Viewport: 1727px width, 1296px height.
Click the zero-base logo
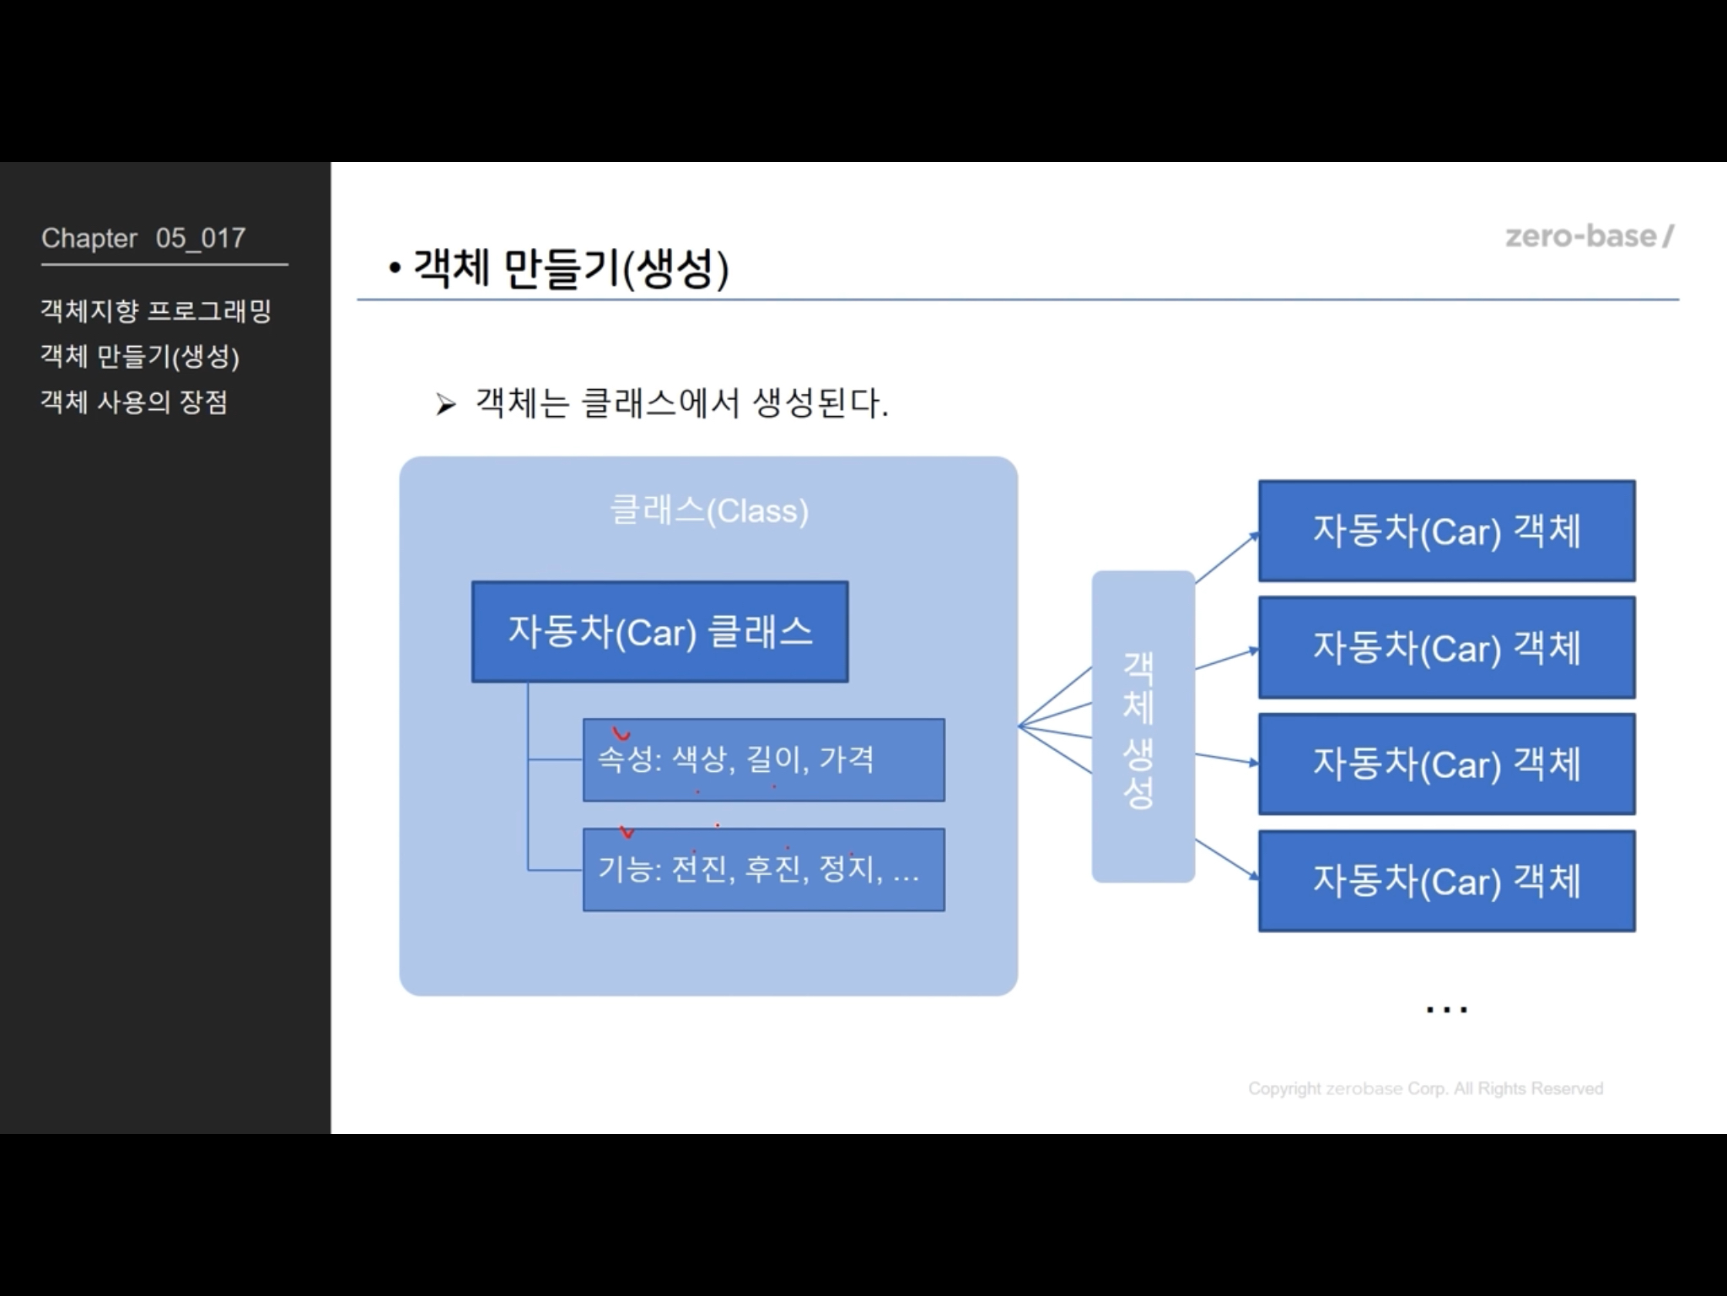pos(1589,236)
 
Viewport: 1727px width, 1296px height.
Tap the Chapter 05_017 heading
pos(143,239)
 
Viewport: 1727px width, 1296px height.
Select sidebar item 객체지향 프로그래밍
pos(156,310)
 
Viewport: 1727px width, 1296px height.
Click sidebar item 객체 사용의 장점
pos(134,402)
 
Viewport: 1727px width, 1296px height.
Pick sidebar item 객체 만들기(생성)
pos(140,356)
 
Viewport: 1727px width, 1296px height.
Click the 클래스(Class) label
pos(708,510)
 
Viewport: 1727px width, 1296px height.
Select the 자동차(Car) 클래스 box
pos(659,631)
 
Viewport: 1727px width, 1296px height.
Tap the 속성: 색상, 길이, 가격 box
pos(763,759)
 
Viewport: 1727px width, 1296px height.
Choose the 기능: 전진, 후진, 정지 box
pos(763,869)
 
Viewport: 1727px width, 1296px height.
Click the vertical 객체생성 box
pos(1143,726)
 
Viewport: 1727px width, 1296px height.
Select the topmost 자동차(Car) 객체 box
pos(1446,531)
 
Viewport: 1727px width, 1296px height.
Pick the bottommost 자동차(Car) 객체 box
pos(1446,881)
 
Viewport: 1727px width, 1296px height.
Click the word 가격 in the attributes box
pos(846,759)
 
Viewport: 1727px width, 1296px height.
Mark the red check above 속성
pos(621,734)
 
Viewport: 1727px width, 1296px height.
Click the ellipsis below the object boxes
pos(1446,1008)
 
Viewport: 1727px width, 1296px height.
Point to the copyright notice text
pos(1425,1088)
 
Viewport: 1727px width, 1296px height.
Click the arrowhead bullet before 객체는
pos(445,405)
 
